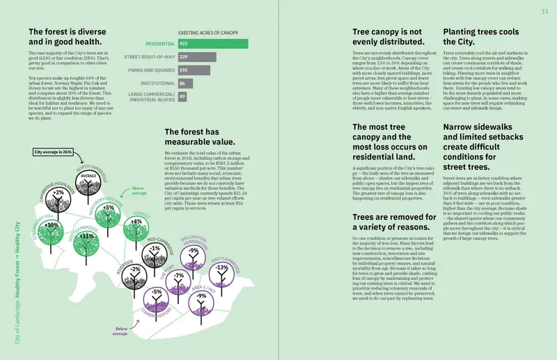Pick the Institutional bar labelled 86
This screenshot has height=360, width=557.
[x=185, y=83]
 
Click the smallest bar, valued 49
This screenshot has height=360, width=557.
[x=182, y=96]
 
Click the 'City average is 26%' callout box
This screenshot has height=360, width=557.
[x=53, y=151]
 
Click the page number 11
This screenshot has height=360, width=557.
[x=545, y=12]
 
